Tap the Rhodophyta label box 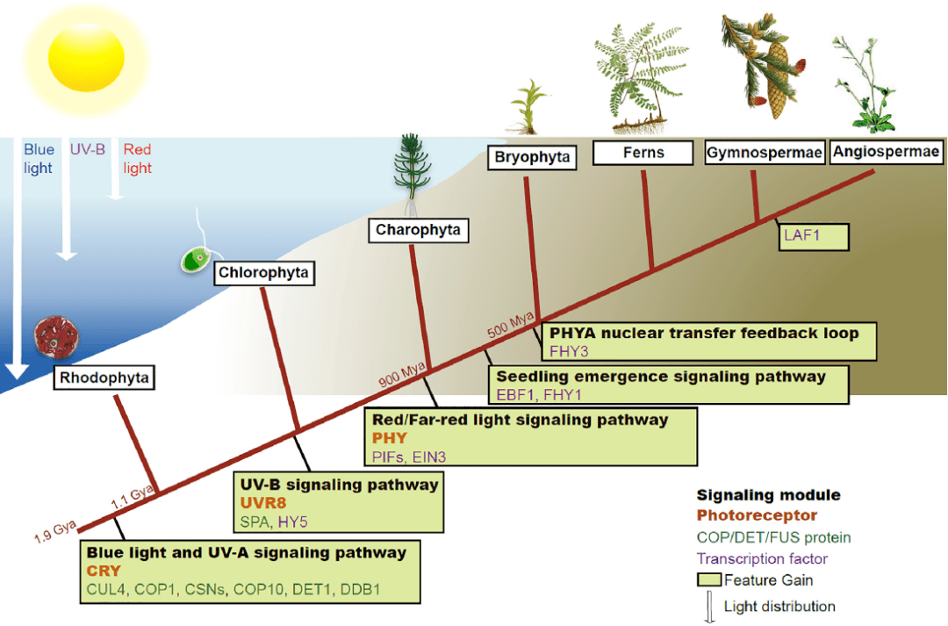tap(104, 378)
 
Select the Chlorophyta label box tap(264, 273)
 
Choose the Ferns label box tap(643, 153)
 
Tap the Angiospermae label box tap(887, 152)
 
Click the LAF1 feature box tap(812, 236)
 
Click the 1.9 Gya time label tap(54, 533)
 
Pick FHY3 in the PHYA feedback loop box tap(570, 351)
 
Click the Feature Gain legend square tap(709, 579)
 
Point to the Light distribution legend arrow tap(710, 608)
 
